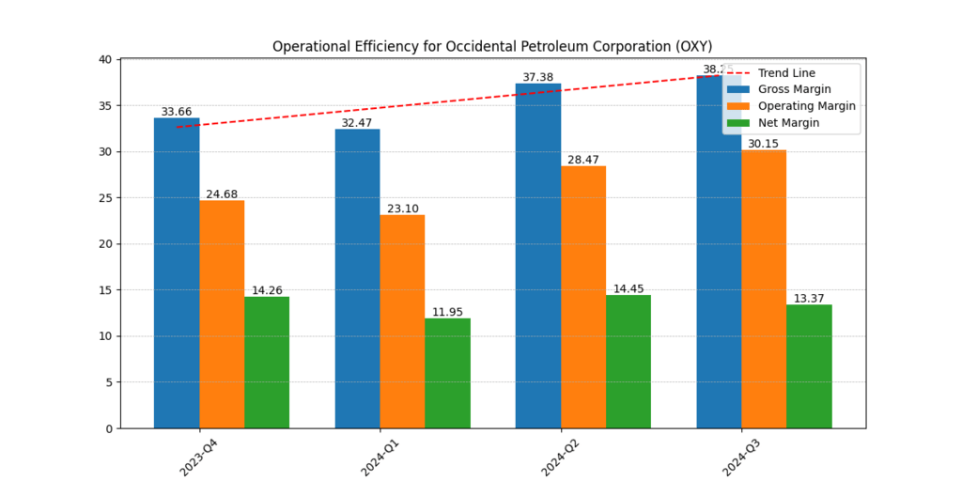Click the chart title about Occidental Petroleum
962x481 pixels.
(491, 46)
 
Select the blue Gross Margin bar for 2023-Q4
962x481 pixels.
(177, 272)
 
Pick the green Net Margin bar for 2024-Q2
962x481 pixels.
(628, 362)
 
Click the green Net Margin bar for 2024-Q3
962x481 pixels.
(809, 366)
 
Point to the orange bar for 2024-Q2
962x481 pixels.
(583, 297)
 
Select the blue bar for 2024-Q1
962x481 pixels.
(357, 278)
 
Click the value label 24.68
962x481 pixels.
(222, 194)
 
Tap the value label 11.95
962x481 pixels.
(447, 312)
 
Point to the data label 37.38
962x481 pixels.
(538, 77)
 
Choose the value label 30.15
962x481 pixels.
(764, 144)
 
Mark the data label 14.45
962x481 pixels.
(628, 289)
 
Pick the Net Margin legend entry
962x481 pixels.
(788, 123)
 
